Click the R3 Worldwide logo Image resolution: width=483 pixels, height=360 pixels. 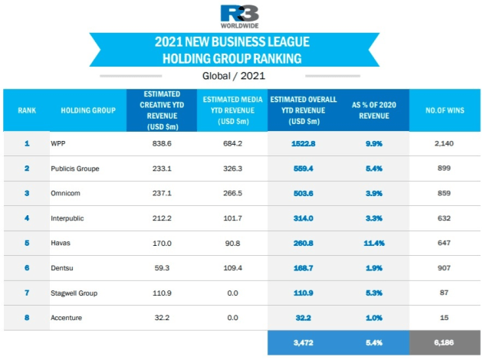(x=240, y=17)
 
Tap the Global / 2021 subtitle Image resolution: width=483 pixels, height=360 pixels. (x=234, y=76)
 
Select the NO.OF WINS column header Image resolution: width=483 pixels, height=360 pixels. (x=445, y=110)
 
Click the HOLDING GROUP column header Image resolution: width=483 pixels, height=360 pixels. (x=88, y=110)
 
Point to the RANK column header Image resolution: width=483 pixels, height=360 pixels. (x=27, y=110)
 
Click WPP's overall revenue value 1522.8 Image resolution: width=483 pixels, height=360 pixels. (x=303, y=144)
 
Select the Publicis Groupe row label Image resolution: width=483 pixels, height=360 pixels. (x=75, y=169)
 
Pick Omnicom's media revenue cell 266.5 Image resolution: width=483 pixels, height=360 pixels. (x=232, y=193)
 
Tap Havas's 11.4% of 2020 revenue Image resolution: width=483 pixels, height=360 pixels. (x=374, y=243)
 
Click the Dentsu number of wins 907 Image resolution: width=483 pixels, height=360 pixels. (x=444, y=268)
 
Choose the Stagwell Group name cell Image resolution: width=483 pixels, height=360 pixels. (x=74, y=293)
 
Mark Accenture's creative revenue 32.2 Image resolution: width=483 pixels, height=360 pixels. (x=162, y=318)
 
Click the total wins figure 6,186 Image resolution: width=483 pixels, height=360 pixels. (x=444, y=342)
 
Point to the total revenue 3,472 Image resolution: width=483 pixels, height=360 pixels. (x=303, y=342)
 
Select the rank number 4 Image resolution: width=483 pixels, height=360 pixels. (x=27, y=218)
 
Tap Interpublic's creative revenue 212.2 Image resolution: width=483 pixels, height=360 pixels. (x=162, y=218)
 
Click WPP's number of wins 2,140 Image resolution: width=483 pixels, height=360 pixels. (x=444, y=143)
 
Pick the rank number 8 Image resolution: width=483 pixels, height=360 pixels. (x=27, y=318)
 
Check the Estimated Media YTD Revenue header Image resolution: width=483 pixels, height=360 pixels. (x=232, y=110)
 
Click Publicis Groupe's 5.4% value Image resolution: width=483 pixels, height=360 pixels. (x=374, y=169)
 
